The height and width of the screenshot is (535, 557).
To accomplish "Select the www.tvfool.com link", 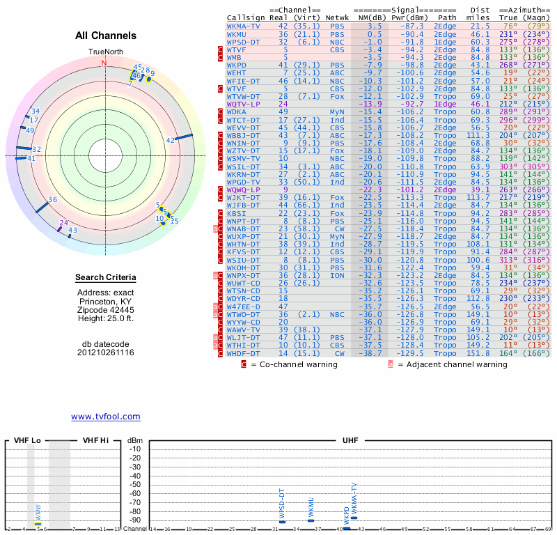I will click(105, 417).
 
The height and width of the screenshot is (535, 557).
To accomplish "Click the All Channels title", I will click(106, 36).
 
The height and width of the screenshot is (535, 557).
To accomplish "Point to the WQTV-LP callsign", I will click(243, 104).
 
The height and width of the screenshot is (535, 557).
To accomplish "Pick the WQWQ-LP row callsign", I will click(243, 189).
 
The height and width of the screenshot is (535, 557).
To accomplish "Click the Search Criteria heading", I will click(106, 278).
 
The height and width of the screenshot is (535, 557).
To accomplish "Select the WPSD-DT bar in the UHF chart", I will click(282, 522).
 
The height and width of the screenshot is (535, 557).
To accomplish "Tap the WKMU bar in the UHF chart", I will click(311, 520).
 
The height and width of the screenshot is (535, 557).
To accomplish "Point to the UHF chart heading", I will click(351, 440).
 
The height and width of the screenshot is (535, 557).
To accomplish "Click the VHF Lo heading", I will click(27, 440).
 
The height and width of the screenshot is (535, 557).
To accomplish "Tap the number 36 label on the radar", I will click(52, 200).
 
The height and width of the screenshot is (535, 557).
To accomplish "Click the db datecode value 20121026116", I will click(106, 352).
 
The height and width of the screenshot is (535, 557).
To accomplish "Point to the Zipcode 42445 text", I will click(106, 310).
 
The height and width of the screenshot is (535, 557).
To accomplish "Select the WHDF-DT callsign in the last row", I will click(243, 354).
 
